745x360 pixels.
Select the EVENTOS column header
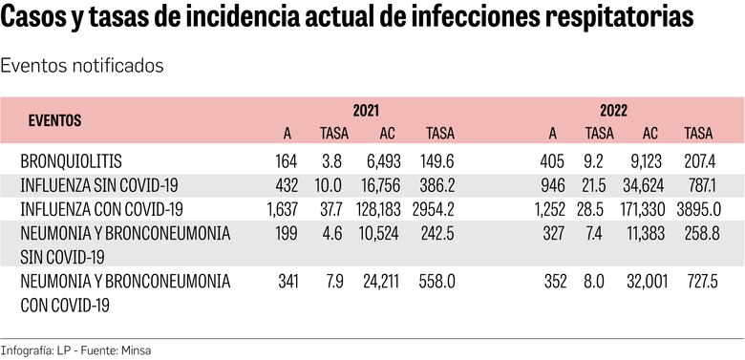pos(54,121)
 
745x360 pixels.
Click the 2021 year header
pos(366,111)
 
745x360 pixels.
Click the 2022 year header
pos(614,111)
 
